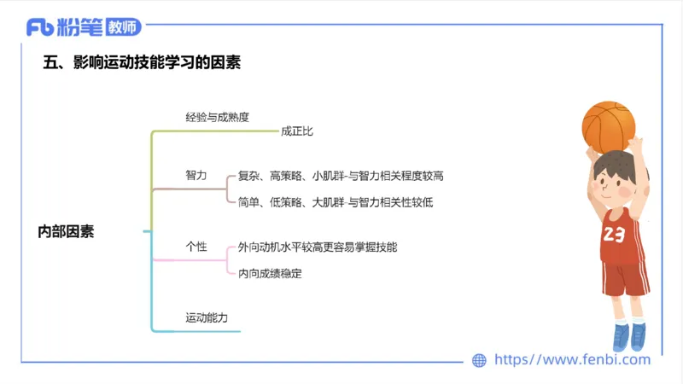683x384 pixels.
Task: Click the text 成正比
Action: [x=297, y=131]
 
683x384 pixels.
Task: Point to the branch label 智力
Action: [x=196, y=175]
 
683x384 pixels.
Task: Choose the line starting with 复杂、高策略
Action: [x=341, y=176]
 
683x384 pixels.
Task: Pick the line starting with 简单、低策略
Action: [x=336, y=202]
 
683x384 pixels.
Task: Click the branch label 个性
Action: [x=196, y=247]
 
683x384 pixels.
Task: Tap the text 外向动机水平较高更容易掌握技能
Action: [x=318, y=247]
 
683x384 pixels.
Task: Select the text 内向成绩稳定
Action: [x=271, y=274]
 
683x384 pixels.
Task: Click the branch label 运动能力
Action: [x=207, y=317]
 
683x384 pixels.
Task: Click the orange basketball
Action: [x=609, y=125]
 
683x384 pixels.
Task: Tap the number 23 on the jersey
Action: [x=613, y=235]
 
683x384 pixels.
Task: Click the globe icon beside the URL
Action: [x=480, y=360]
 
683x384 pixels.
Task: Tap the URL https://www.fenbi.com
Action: [x=573, y=360]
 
